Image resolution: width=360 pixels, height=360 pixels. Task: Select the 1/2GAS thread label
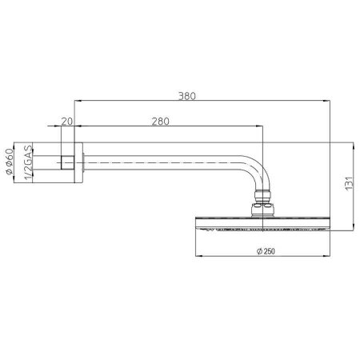click(x=27, y=163)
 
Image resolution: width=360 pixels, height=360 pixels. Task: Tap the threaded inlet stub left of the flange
click(x=65, y=163)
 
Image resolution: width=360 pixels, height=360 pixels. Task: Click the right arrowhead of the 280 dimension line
click(x=260, y=126)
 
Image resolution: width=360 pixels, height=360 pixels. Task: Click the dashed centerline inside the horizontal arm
click(x=160, y=164)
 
